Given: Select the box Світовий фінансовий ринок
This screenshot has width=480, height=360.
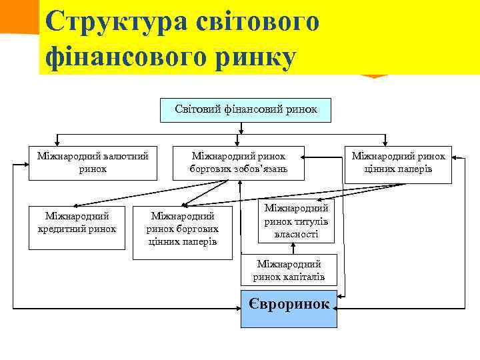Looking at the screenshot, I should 245,108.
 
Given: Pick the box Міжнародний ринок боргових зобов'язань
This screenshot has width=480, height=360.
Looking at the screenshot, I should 239,163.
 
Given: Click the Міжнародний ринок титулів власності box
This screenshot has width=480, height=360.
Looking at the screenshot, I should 295,222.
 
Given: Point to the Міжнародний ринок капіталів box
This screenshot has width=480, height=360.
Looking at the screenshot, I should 288,271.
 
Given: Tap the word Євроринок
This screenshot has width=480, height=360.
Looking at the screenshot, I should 289,305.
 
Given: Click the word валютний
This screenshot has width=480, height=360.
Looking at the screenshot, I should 123,156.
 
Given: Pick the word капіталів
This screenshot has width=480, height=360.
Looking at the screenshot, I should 307,276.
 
